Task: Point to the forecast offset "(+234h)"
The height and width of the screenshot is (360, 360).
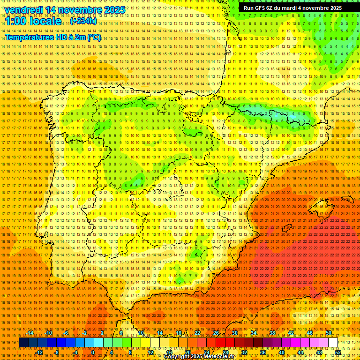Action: coord(83,21)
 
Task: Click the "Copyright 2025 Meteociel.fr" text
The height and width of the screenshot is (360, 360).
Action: coord(199,357)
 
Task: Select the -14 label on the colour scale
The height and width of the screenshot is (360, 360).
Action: coord(30,333)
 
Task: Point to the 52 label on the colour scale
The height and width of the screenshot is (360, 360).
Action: coord(337,352)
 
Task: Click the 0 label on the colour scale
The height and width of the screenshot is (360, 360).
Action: coord(93,352)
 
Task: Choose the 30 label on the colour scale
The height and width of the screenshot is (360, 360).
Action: coord(235,333)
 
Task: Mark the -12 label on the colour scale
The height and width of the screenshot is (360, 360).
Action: coord(39,352)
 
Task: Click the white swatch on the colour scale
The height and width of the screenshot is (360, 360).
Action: coord(333,343)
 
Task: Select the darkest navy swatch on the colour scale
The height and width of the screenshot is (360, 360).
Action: coord(23,343)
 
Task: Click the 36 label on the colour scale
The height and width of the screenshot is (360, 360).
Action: coord(262,352)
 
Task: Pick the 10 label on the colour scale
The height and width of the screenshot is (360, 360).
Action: coord(141,333)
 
